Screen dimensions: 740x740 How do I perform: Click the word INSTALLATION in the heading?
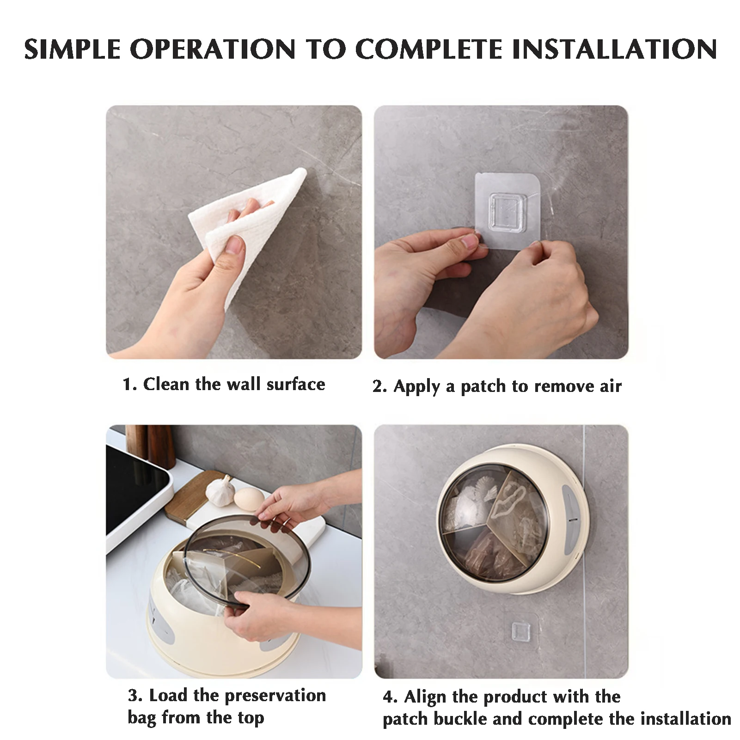tap(614, 49)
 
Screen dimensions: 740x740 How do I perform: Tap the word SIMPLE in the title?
tap(73, 49)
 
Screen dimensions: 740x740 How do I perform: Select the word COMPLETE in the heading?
tap(429, 49)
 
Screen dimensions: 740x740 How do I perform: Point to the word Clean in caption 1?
tap(166, 384)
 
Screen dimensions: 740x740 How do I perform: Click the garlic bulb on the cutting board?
tap(221, 490)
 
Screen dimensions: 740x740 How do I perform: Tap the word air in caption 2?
tap(611, 386)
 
